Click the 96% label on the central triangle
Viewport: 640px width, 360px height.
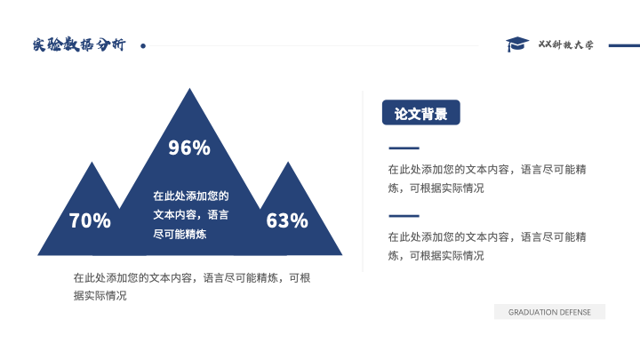189,148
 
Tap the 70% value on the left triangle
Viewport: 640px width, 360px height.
90,220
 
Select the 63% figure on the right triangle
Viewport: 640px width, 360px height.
287,220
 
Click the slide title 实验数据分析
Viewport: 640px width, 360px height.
79,44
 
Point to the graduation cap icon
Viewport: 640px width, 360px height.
517,44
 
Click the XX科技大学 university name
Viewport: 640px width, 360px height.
565,44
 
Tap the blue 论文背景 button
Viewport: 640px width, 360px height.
420,112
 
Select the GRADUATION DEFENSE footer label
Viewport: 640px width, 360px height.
549,312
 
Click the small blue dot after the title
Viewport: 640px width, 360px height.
143,46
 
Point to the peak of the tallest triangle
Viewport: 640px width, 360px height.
189,89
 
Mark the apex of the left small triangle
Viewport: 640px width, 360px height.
92,163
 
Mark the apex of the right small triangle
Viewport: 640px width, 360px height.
288,163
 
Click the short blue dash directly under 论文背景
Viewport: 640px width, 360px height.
404,148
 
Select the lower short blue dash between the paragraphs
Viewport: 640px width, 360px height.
404,215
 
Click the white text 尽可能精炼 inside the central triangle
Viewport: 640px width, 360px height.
180,234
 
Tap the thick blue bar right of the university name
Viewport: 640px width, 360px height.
624,45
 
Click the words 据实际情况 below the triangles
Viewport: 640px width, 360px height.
100,295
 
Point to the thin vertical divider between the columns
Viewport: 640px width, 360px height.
363,180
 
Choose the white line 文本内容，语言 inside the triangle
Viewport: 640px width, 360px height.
191,215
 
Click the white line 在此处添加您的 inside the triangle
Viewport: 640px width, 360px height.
191,196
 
